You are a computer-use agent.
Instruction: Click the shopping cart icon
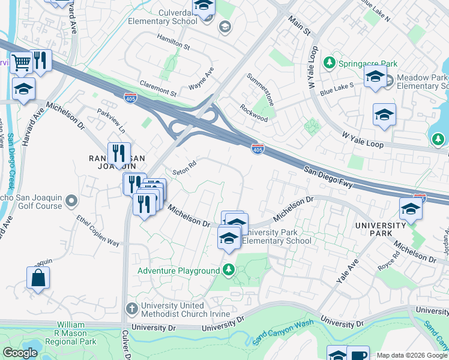pyautogui.click(x=21, y=62)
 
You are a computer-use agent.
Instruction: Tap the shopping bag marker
pyautogui.click(x=38, y=278)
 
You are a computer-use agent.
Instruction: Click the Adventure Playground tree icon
pyautogui.click(x=228, y=271)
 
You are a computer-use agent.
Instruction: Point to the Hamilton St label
pyautogui.click(x=173, y=46)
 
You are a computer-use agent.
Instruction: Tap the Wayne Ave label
pyautogui.click(x=201, y=80)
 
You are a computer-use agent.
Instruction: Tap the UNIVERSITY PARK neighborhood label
pyautogui.click(x=381, y=230)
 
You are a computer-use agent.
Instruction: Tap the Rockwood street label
pyautogui.click(x=254, y=114)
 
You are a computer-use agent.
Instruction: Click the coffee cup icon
pyautogui.click(x=358, y=354)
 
